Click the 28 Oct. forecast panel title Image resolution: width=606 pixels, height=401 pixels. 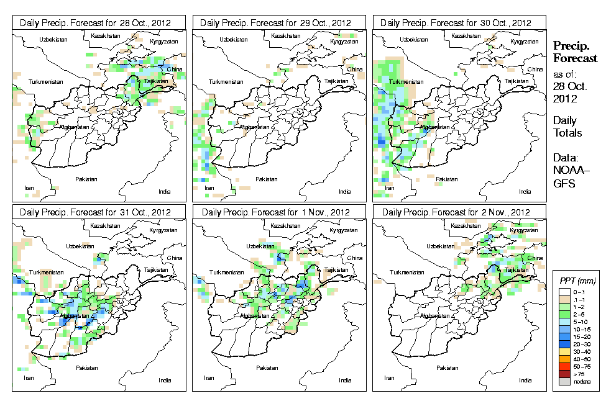pos(99,23)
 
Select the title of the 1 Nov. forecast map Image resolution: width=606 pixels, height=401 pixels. pos(279,212)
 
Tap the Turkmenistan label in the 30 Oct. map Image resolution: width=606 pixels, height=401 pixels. pos(403,82)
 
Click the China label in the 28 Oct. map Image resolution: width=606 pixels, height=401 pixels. pos(175,69)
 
